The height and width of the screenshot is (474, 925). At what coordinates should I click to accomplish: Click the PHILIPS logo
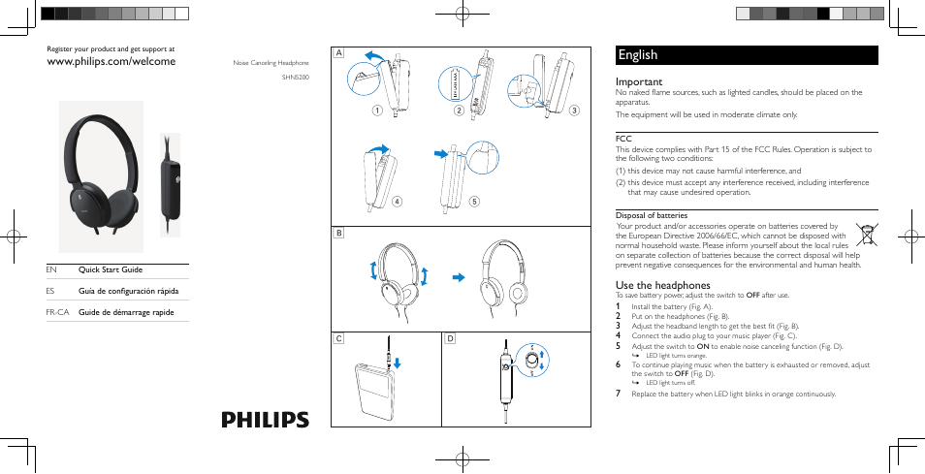click(x=265, y=420)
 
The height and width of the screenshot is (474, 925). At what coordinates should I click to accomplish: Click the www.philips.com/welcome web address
click(x=112, y=61)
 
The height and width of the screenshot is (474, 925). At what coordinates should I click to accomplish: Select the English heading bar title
click(x=637, y=55)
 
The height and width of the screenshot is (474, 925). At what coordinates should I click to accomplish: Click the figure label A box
click(x=339, y=53)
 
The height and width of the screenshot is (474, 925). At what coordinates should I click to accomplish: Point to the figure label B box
click(x=339, y=234)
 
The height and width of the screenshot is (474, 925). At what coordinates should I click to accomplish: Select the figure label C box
click(x=339, y=338)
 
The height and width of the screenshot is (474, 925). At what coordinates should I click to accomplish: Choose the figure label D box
click(x=450, y=338)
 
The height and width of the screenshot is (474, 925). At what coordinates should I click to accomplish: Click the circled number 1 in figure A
click(x=378, y=110)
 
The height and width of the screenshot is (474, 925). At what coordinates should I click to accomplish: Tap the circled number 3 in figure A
click(x=574, y=110)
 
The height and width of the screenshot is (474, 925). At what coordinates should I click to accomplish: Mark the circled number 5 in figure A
click(x=474, y=202)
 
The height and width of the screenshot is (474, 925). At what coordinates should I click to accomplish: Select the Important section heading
click(x=639, y=82)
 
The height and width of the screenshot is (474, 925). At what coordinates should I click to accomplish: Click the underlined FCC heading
click(x=623, y=138)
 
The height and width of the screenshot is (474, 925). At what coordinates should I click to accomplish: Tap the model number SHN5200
click(x=296, y=77)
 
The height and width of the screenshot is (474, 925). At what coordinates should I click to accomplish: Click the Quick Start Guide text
click(x=111, y=269)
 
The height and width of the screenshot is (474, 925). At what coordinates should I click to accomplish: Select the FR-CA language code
click(x=58, y=312)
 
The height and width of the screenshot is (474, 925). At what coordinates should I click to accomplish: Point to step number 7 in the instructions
click(x=619, y=394)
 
